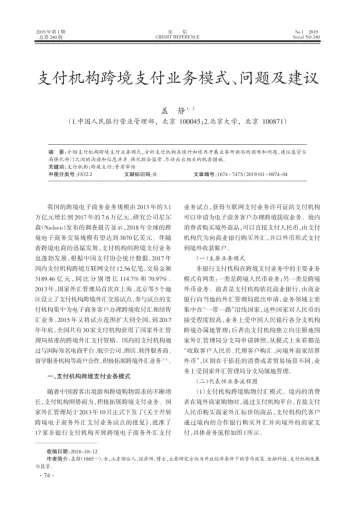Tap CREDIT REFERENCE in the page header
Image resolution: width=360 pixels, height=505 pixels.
(x=180, y=10)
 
